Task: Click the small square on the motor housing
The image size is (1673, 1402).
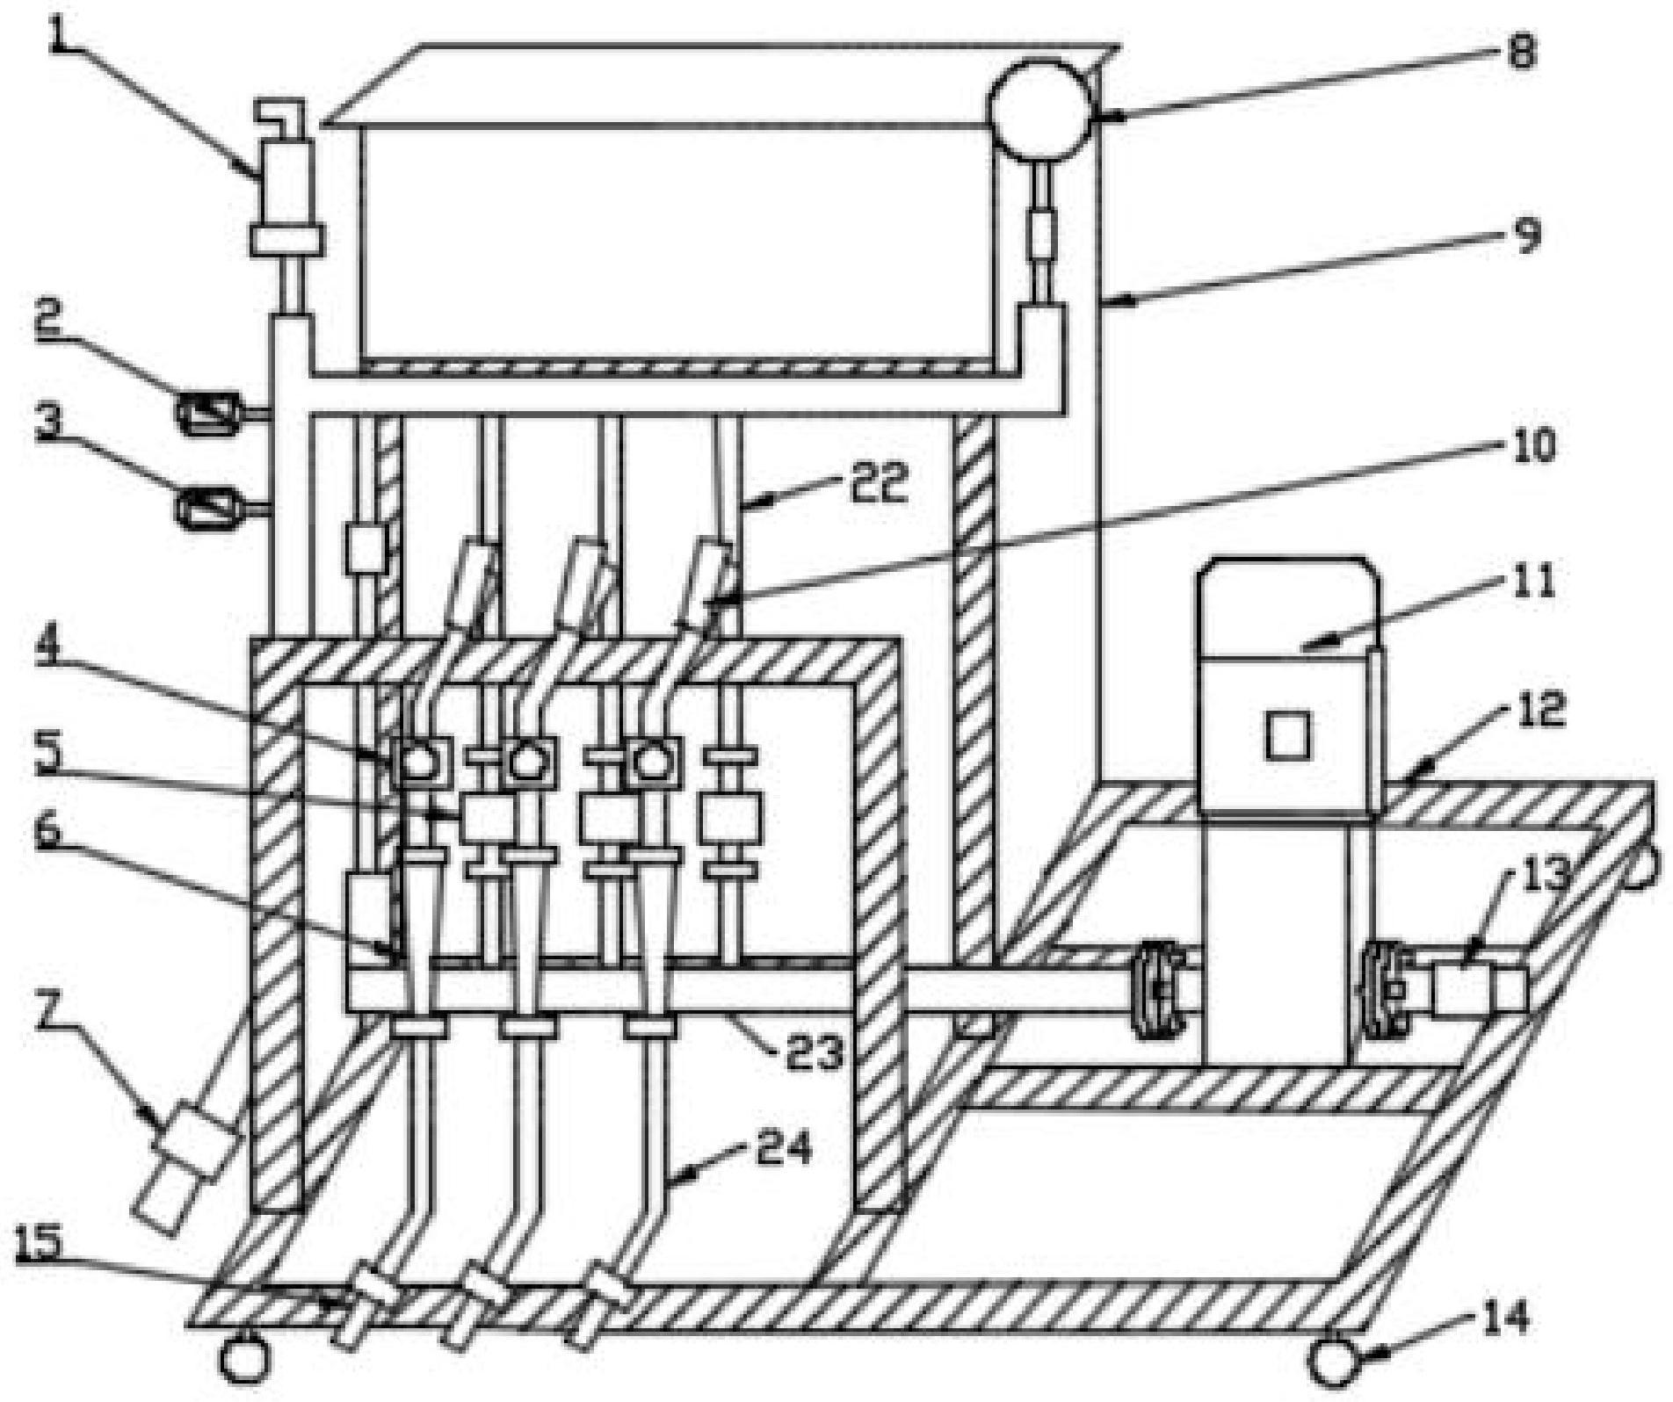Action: [x=1289, y=735]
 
